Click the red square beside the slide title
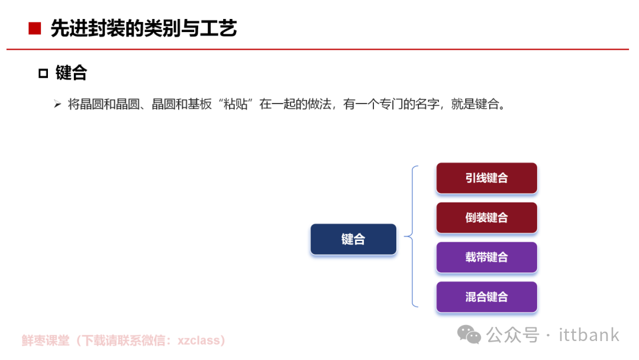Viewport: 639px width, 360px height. click(35, 28)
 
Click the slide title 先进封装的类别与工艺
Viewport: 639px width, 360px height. click(143, 28)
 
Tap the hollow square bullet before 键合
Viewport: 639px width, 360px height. click(43, 73)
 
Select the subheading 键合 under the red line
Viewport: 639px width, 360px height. click(72, 73)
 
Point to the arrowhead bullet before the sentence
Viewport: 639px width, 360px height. click(57, 104)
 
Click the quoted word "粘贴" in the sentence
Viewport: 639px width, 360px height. click(235, 104)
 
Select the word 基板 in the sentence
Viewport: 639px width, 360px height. click(200, 104)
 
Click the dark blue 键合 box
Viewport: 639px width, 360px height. click(353, 239)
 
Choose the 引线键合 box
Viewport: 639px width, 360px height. click(486, 178)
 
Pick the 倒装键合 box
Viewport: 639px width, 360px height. click(486, 218)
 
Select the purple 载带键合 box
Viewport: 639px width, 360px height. click(486, 257)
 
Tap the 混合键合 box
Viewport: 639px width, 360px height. click(486, 297)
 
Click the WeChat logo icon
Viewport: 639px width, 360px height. click(469, 335)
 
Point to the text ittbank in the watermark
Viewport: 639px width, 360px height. click(589, 335)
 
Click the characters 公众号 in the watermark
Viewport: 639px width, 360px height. click(512, 335)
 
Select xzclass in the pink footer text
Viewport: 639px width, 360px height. click(198, 340)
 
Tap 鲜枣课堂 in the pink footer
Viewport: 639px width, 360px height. click(46, 340)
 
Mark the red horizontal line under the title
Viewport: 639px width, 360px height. click(318, 49)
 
